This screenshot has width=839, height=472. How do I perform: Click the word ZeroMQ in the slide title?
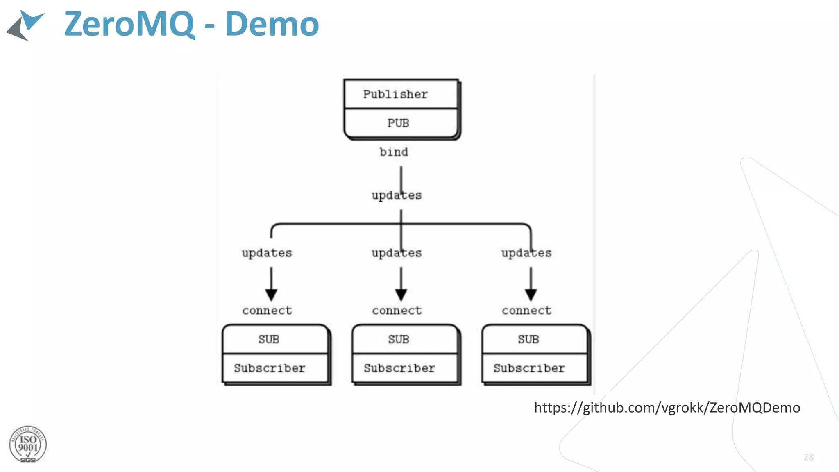click(x=129, y=25)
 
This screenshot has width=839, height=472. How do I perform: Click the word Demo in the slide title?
click(x=272, y=25)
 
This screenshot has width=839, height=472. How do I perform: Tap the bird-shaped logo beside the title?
click(x=25, y=25)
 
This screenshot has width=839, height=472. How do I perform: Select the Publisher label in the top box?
click(x=395, y=94)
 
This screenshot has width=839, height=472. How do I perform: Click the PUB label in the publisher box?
click(x=398, y=123)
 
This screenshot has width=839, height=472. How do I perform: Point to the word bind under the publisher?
click(x=394, y=152)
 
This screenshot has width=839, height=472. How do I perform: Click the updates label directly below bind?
click(x=397, y=195)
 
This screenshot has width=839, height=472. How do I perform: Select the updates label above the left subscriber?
click(x=267, y=253)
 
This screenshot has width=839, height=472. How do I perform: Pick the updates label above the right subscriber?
click(x=526, y=253)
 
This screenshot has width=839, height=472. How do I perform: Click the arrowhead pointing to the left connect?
click(x=271, y=295)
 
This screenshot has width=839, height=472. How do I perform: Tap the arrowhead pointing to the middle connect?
click(x=401, y=295)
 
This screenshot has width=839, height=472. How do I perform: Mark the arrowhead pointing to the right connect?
click(x=531, y=295)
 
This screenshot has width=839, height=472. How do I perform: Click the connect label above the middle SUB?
click(x=397, y=311)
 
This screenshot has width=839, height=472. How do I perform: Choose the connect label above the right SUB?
click(x=526, y=311)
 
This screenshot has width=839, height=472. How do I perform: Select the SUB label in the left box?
click(x=269, y=339)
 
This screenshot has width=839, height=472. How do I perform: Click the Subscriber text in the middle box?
click(x=399, y=368)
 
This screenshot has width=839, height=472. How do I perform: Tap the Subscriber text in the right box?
click(x=529, y=368)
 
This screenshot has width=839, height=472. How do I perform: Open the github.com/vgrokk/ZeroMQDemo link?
click(x=667, y=408)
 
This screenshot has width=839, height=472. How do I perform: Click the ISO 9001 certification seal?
click(x=28, y=445)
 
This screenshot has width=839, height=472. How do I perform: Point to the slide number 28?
click(x=808, y=457)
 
